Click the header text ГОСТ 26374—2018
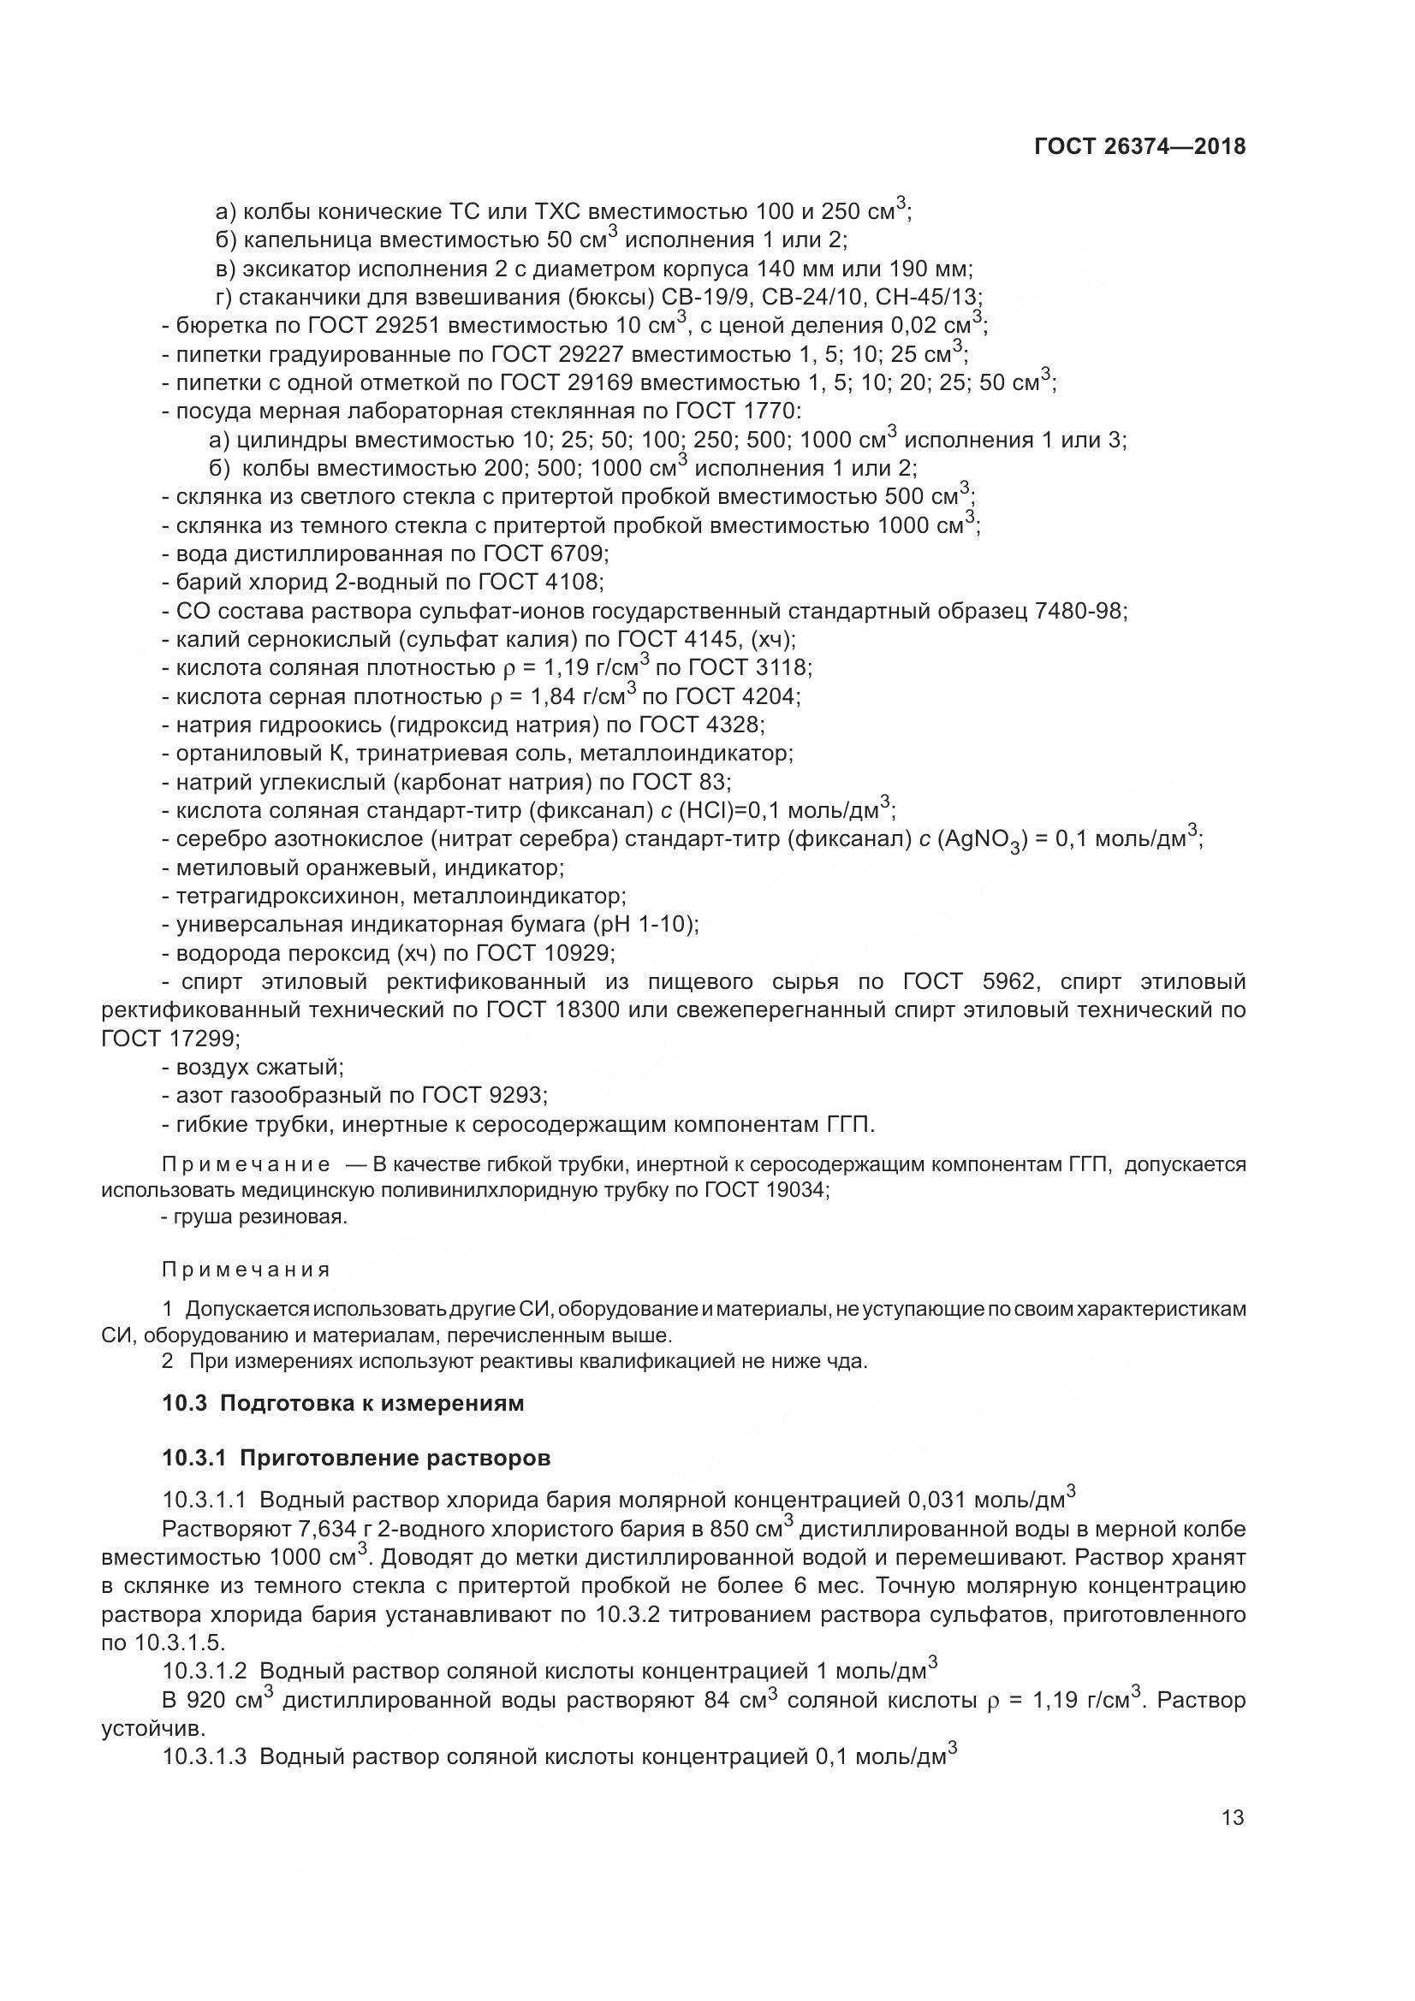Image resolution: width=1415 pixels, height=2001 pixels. pos(1139,147)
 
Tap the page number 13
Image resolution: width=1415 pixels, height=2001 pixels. pos(1233,1818)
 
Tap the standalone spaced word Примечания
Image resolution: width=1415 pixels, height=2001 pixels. pos(246,1270)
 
